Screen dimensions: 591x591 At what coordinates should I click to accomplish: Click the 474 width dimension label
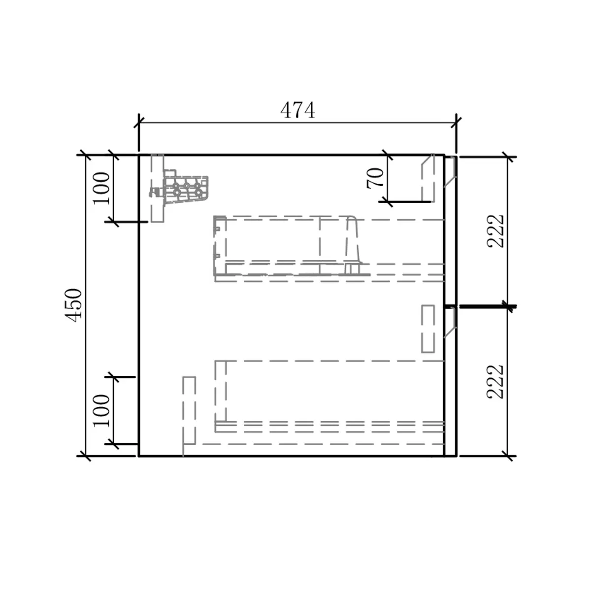click(x=297, y=110)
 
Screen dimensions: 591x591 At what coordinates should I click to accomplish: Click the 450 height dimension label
click(x=73, y=305)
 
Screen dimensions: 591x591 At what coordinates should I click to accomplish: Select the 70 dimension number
click(x=375, y=178)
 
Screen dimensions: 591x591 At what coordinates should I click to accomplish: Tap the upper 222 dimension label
click(x=495, y=231)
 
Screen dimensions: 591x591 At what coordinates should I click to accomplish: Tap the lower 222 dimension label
click(x=495, y=382)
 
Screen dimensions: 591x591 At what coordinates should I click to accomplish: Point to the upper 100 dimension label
click(x=101, y=188)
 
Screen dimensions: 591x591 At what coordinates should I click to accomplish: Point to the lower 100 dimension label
click(x=101, y=410)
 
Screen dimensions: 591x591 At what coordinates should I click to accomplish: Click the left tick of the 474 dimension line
click(x=139, y=123)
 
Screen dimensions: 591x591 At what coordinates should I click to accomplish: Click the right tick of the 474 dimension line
click(x=457, y=123)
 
